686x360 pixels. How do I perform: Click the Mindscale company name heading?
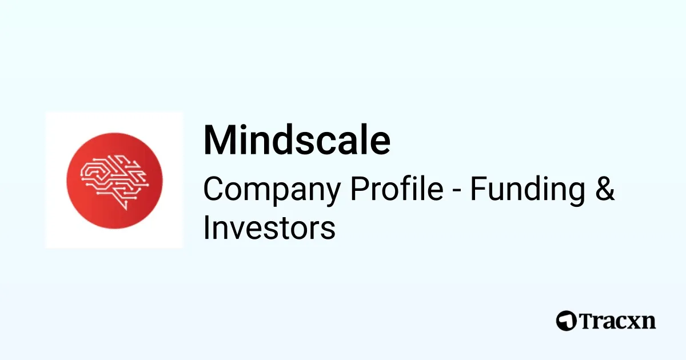coord(297,140)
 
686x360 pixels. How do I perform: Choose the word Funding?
coord(524,190)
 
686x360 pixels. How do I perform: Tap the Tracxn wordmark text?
coord(617,321)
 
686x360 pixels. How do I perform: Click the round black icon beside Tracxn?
coord(566,321)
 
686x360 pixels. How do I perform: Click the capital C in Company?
coord(213,190)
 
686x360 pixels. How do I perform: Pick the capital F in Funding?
coord(476,190)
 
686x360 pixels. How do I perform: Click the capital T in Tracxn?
coord(587,321)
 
